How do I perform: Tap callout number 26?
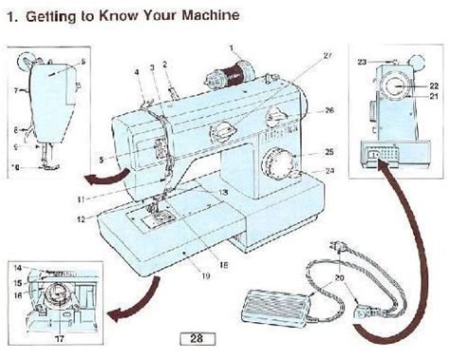(329, 111)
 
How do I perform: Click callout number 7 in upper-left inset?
(15, 92)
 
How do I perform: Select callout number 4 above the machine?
(137, 70)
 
